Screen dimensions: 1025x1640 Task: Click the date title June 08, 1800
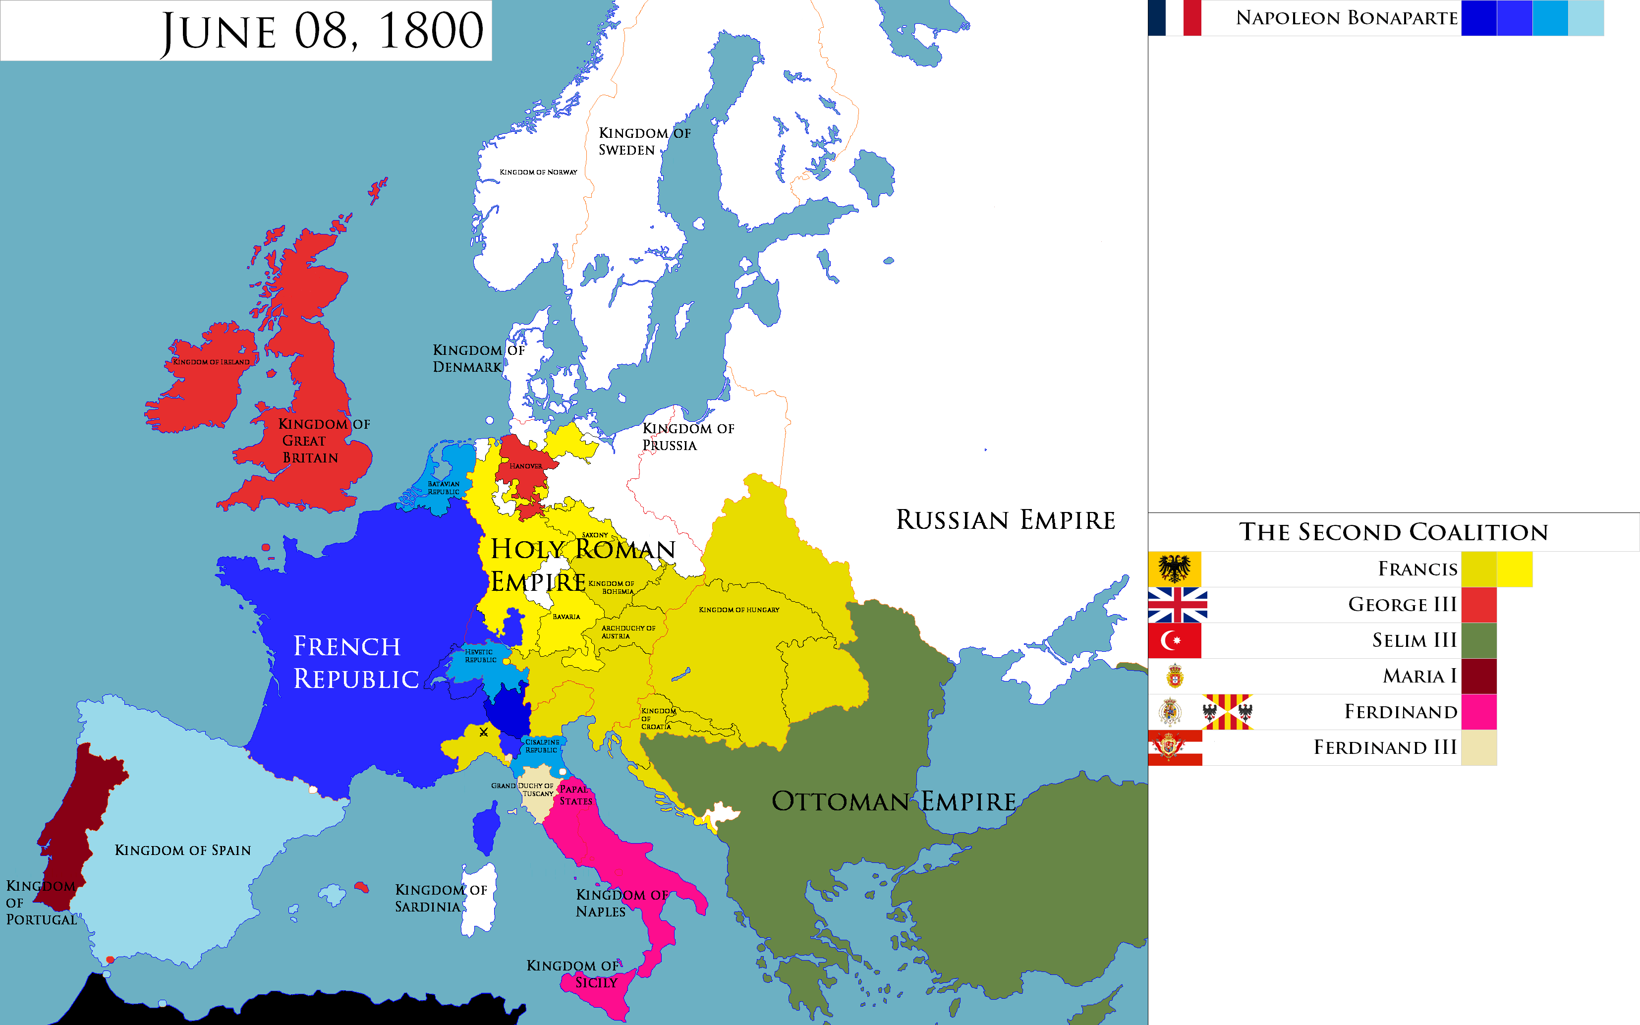[x=322, y=31]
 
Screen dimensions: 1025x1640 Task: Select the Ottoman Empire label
[x=893, y=801]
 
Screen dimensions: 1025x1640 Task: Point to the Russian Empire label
[x=1005, y=520]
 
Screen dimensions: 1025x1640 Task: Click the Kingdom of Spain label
[x=182, y=850]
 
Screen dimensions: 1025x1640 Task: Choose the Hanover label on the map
[x=525, y=466]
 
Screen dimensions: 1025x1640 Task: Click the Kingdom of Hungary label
[x=738, y=610]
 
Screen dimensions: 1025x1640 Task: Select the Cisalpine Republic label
[x=542, y=745]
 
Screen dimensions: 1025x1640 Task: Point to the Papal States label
[x=575, y=795]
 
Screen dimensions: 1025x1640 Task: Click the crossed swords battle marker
[x=483, y=732]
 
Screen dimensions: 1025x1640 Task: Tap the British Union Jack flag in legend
[x=1177, y=605]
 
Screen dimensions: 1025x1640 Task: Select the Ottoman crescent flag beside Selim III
[x=1174, y=640]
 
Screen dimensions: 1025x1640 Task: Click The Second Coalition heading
[x=1393, y=532]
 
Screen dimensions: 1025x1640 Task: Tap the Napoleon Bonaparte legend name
[x=1346, y=18]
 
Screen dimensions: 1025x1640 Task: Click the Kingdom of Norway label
[x=538, y=172]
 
